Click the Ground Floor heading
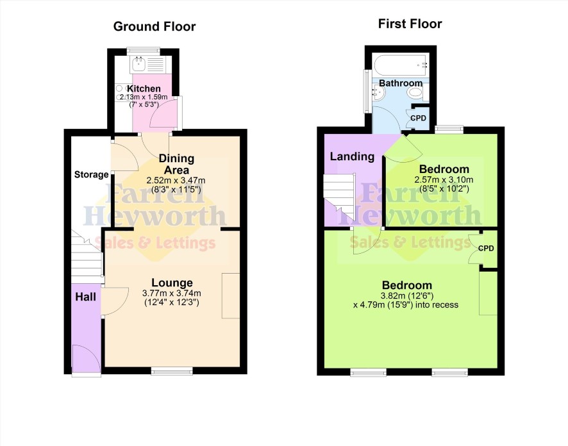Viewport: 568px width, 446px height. (x=155, y=26)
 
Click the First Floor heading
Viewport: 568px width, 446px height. (x=410, y=24)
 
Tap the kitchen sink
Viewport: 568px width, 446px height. (x=138, y=65)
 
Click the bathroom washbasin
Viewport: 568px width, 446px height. (x=377, y=93)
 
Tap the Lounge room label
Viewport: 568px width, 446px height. (x=172, y=283)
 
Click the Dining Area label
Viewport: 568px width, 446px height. (x=176, y=164)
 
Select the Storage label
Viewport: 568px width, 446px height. (x=91, y=174)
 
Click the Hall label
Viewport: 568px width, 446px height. (x=85, y=297)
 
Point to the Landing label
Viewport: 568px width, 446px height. (x=352, y=156)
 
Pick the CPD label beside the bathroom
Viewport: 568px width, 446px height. (x=418, y=119)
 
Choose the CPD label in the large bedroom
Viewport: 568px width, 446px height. (x=486, y=249)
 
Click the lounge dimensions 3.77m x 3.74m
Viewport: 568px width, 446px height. (x=172, y=293)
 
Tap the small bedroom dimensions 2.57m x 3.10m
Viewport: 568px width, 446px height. (x=444, y=179)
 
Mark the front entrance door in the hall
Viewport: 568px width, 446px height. (x=86, y=358)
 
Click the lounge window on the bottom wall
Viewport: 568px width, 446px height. (x=172, y=370)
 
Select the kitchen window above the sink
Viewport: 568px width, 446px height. (x=144, y=51)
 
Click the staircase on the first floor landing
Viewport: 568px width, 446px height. (x=339, y=197)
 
